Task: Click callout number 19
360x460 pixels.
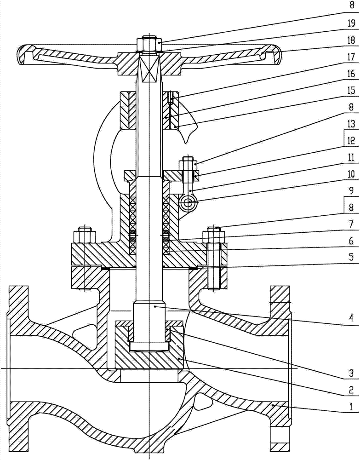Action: pyautogui.click(x=351, y=23)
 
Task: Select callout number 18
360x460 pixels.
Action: pyautogui.click(x=351, y=40)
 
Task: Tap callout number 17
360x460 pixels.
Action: pyautogui.click(x=351, y=57)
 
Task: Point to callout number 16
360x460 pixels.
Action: pyautogui.click(x=351, y=74)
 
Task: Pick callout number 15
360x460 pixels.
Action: pyautogui.click(x=351, y=90)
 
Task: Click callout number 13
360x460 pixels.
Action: pyautogui.click(x=351, y=124)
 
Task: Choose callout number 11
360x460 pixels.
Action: pyautogui.click(x=351, y=157)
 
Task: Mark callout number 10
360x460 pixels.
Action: pyautogui.click(x=351, y=174)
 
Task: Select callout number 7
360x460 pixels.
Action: pyautogui.click(x=352, y=225)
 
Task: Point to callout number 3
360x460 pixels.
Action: pyautogui.click(x=352, y=374)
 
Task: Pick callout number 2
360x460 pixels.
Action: pyautogui.click(x=352, y=390)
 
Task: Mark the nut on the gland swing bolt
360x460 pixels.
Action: pyautogui.click(x=190, y=163)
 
